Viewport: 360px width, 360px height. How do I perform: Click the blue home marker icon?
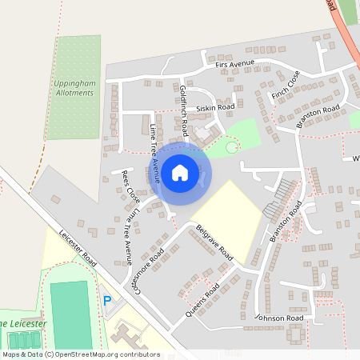pyautogui.click(x=180, y=172)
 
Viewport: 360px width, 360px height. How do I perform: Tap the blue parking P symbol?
pyautogui.click(x=107, y=301)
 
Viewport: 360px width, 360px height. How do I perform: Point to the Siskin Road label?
pyautogui.click(x=215, y=107)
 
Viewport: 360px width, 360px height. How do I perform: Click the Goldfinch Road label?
pyautogui.click(x=184, y=109)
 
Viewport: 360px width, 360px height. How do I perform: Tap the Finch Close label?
pyautogui.click(x=285, y=85)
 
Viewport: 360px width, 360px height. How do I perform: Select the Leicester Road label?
pyautogui.click(x=78, y=250)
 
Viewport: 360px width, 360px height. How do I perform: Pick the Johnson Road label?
pyautogui.click(x=279, y=318)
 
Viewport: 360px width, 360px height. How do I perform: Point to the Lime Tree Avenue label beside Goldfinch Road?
pyautogui.click(x=154, y=148)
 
